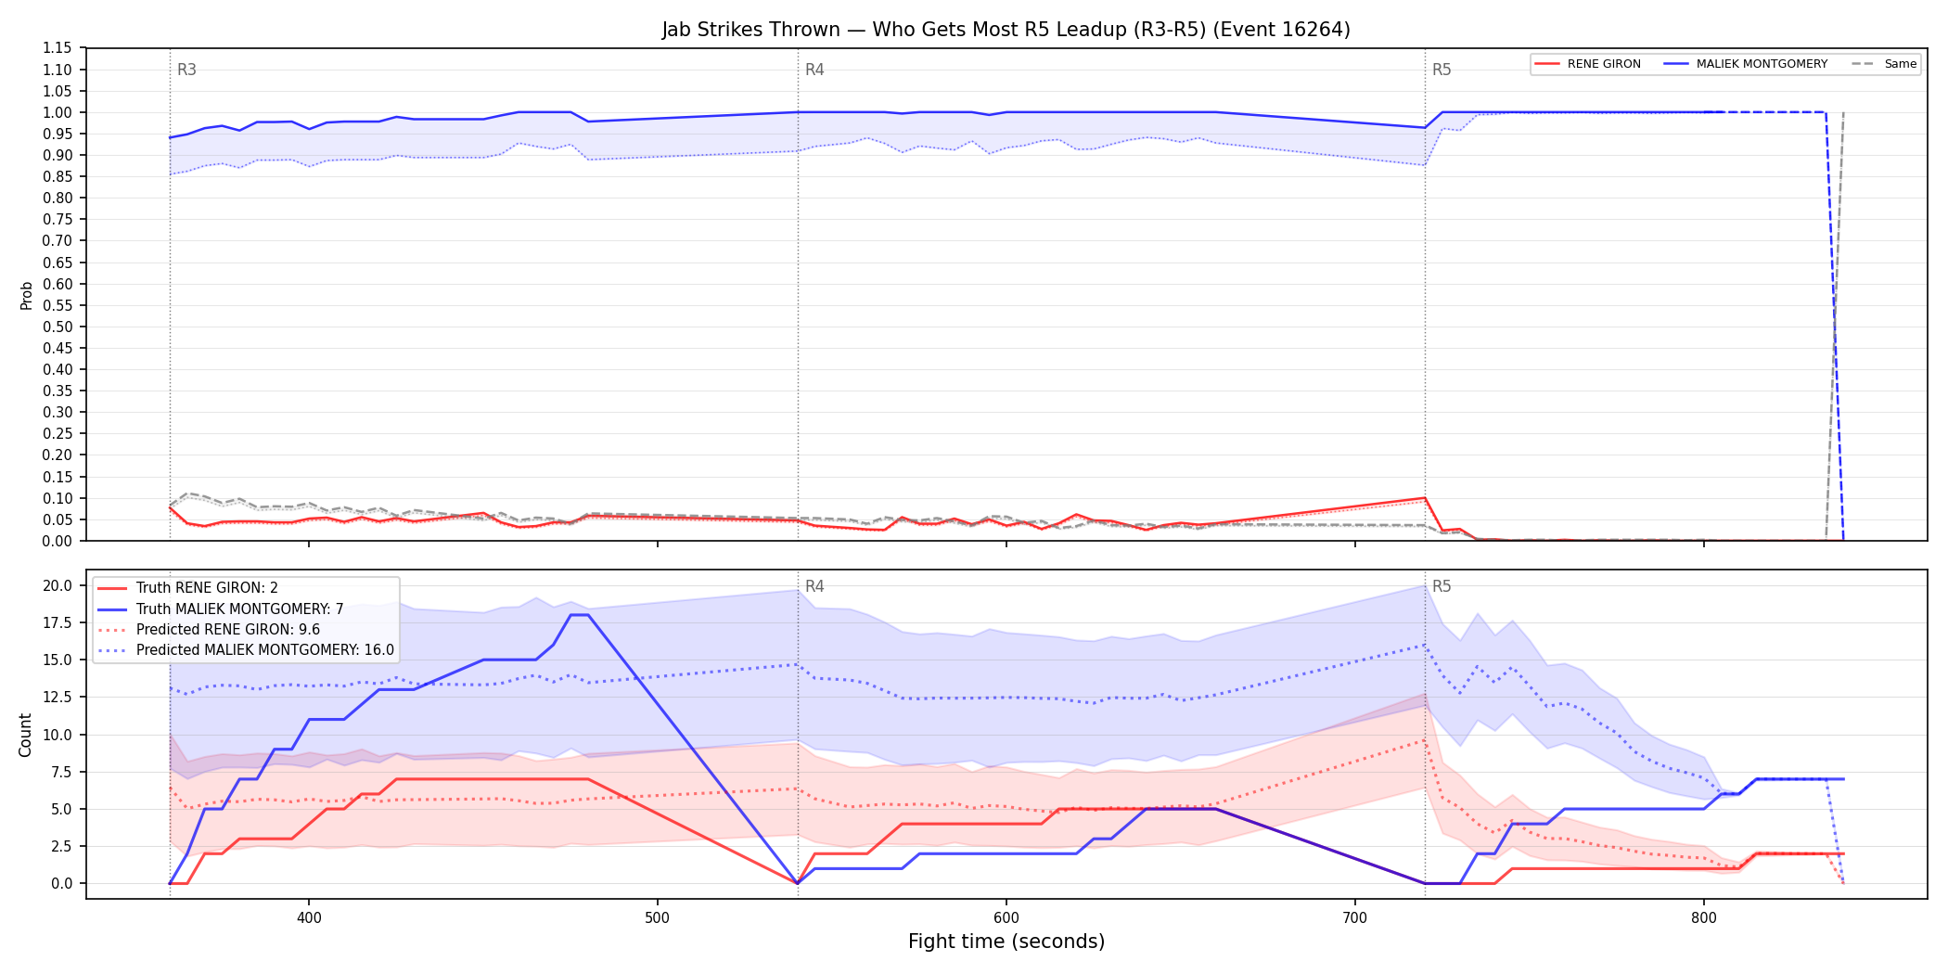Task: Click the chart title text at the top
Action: pos(1006,30)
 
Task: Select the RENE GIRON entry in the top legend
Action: pos(1587,64)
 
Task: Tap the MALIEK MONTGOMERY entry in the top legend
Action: pos(1746,64)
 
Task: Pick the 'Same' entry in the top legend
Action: pos(1884,64)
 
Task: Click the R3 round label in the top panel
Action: pos(186,70)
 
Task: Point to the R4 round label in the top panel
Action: pos(814,70)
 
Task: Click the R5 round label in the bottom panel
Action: pos(1442,586)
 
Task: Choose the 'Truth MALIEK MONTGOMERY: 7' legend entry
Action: pos(221,609)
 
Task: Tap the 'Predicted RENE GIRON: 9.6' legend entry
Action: pos(209,629)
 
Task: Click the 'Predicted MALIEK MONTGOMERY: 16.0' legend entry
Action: pos(246,649)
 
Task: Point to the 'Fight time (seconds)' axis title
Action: pos(1006,942)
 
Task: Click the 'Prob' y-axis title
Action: pos(26,295)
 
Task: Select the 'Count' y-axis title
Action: pos(25,735)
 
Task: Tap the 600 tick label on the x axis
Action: pos(1006,918)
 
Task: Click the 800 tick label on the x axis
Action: pos(1704,918)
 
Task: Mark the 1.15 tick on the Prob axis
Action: pos(58,48)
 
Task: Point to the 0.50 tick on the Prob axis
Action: pos(58,327)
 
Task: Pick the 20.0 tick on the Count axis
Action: pos(58,585)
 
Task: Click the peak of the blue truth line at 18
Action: pos(579,615)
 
